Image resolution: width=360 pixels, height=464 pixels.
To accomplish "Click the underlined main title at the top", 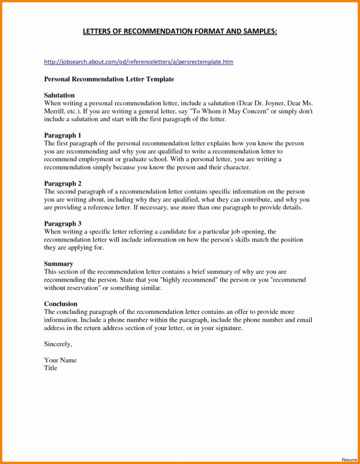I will pos(180,32).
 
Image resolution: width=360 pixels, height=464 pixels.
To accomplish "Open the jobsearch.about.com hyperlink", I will pos(138,62).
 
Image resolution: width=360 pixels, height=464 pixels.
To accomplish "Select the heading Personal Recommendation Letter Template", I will pos(109,79).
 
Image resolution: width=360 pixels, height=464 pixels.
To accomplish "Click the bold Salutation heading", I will pos(59,95).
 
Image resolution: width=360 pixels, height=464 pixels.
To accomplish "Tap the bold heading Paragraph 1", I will pos(63,135).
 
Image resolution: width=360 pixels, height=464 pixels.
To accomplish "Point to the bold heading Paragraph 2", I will pos(63,183).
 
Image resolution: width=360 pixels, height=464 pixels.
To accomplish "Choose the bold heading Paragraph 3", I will pos(63,223).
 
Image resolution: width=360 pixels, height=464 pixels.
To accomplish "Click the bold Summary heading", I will pos(58,264).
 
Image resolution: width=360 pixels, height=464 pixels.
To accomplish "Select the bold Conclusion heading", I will pos(61,304).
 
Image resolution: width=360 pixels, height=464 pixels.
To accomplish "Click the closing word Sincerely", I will pos(58,344).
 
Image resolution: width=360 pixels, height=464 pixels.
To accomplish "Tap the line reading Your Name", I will pos(60,360).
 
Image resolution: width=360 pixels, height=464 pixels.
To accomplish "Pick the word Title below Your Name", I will pos(51,368).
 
